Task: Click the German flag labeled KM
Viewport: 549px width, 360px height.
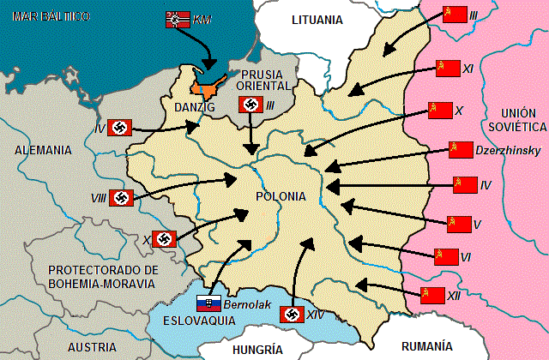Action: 178,18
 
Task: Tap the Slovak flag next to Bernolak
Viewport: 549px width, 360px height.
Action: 208,303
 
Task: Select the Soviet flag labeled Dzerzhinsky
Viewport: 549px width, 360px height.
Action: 462,150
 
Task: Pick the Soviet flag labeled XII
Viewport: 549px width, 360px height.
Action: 432,295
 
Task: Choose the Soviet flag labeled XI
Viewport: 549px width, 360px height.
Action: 449,68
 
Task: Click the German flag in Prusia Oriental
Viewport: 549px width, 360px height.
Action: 250,105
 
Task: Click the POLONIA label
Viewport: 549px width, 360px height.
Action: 280,196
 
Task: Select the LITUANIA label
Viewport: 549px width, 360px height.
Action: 317,19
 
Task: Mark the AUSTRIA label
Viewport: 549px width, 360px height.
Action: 92,347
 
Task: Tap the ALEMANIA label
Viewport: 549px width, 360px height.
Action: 43,149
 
